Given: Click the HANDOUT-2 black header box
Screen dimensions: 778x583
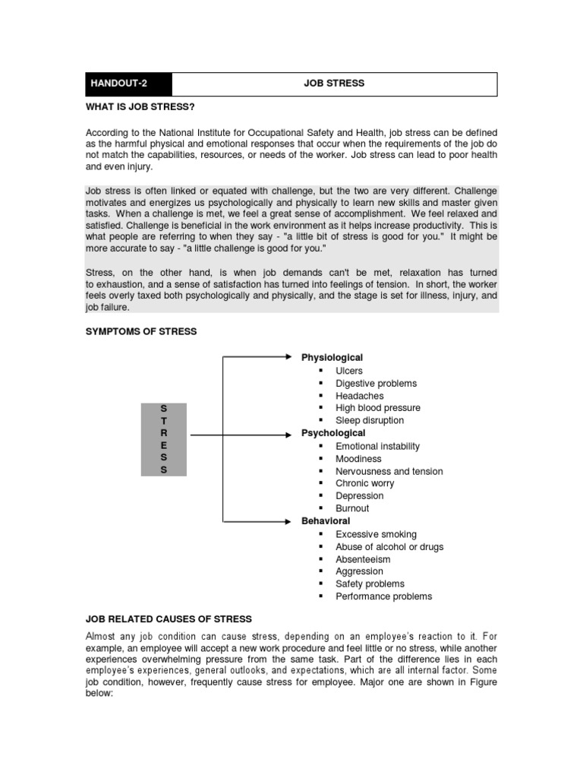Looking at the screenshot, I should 128,84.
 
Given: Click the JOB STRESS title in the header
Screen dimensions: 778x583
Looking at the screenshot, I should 334,84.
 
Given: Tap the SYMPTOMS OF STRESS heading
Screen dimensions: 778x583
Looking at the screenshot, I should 140,331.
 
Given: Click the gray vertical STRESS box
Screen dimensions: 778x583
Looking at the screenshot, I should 163,439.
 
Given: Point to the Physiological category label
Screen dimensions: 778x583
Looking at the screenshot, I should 332,357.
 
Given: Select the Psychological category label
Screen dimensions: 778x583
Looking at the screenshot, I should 333,433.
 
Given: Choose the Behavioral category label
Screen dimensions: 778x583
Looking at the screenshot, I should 326,521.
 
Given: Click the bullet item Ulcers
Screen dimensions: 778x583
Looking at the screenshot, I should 349,371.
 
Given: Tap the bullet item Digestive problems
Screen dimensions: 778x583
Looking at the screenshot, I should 376,384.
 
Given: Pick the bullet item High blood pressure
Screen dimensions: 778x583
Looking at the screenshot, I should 377,408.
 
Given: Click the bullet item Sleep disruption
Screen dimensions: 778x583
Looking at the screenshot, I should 370,420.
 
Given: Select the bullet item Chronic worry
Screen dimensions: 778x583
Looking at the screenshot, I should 364,483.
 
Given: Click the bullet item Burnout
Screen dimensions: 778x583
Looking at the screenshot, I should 352,508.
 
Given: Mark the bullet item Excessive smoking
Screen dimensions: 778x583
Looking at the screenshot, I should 376,534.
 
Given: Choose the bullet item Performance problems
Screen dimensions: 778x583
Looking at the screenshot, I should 383,596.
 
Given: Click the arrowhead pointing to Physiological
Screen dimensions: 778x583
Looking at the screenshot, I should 288,355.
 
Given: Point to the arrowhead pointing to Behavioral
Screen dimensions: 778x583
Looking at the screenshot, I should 288,521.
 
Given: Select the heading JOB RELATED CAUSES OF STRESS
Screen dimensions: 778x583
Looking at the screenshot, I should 168,619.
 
